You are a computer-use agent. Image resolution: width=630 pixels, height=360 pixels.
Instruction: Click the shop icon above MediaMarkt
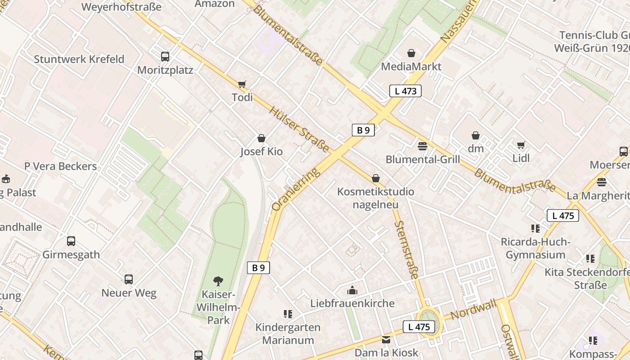tap(411, 54)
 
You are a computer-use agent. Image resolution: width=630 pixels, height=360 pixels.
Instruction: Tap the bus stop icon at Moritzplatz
tap(165, 57)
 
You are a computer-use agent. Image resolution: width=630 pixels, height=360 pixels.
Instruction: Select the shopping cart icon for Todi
tap(242, 84)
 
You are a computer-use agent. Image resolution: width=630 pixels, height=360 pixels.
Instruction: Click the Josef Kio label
tap(261, 152)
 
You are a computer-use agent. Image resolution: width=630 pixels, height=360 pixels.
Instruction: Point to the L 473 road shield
tap(405, 91)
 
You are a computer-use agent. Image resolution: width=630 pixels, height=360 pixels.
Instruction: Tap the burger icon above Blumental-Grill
tap(422, 146)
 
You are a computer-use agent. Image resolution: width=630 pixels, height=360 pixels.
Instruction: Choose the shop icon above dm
tap(475, 135)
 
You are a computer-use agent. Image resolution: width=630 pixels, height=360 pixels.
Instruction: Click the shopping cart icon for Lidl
tap(521, 145)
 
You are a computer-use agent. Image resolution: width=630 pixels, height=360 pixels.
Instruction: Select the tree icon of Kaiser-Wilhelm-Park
tap(218, 281)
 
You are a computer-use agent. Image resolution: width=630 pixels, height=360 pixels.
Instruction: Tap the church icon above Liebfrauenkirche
tap(352, 290)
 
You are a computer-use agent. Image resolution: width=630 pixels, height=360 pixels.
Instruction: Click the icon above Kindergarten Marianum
tap(288, 314)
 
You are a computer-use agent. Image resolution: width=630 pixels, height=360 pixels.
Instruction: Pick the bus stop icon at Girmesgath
tap(71, 241)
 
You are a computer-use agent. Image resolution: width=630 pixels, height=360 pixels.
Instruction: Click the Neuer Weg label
tap(129, 293)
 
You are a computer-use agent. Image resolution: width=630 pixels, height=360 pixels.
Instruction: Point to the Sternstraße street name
tap(407, 250)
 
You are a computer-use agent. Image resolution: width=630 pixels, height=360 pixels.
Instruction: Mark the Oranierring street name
tap(296, 189)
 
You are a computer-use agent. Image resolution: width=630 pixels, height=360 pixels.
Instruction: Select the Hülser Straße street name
tap(299, 129)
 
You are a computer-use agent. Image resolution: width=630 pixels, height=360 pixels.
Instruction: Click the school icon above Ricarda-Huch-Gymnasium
tap(535, 229)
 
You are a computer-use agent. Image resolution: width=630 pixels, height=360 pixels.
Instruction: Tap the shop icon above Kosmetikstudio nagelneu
tap(376, 179)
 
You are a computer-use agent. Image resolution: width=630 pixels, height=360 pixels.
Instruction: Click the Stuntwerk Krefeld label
tap(79, 59)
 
